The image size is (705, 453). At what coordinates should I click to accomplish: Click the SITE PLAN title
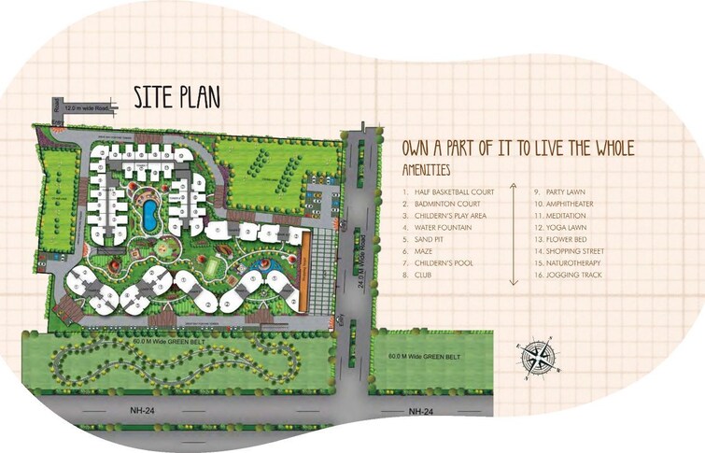pos(177,97)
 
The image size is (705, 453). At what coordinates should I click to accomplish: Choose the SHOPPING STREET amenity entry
pos(572,251)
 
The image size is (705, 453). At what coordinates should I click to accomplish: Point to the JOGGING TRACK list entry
pos(570,276)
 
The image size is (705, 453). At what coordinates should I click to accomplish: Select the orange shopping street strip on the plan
pos(304,270)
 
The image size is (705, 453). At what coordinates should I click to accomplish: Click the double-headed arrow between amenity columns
pos(512,234)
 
